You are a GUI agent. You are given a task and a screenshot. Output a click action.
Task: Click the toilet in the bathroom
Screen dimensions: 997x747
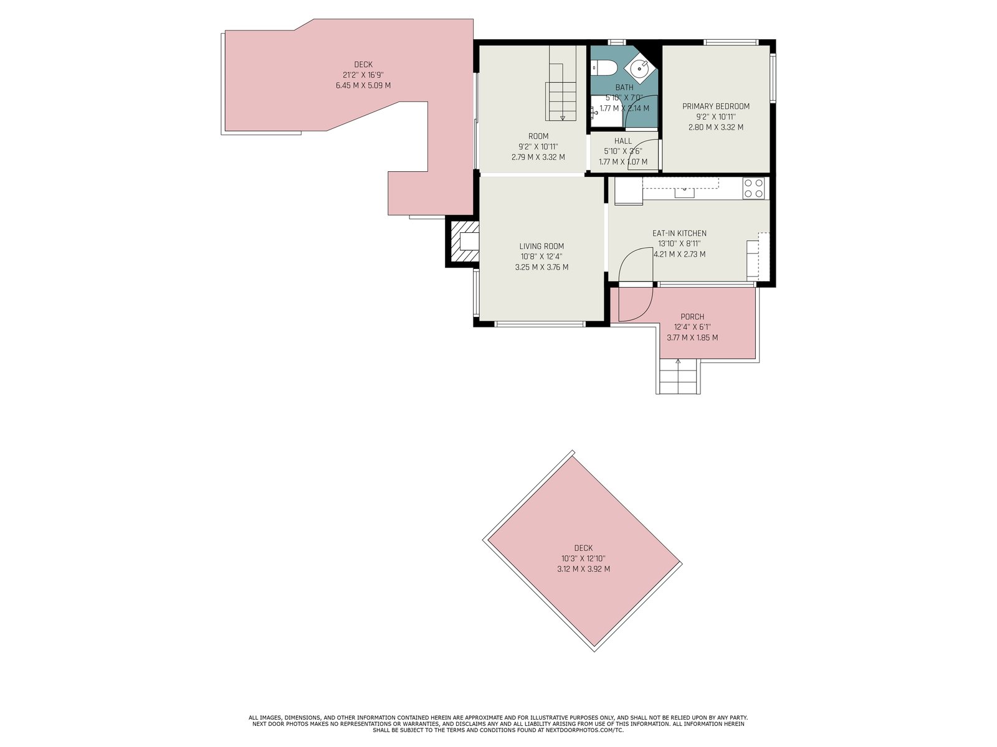[x=604, y=68]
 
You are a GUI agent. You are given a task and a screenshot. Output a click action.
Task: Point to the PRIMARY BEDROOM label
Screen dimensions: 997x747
[x=716, y=106]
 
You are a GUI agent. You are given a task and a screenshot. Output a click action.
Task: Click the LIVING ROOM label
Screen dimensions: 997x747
[x=541, y=247]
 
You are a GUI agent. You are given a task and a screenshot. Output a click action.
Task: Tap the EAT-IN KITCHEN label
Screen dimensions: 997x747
[x=679, y=233]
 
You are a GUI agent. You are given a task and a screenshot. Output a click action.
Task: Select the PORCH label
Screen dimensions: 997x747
[x=692, y=317]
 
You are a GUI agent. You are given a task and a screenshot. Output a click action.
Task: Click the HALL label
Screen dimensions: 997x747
[x=623, y=141]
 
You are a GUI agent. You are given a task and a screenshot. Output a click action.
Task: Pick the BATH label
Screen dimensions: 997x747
[x=624, y=88]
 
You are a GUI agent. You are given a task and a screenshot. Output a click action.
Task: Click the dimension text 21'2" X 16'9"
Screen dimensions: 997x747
[x=363, y=75]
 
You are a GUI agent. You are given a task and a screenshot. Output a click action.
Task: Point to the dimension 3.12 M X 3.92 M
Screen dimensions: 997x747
[x=583, y=569]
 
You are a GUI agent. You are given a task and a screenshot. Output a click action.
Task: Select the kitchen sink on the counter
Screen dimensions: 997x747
[x=684, y=192]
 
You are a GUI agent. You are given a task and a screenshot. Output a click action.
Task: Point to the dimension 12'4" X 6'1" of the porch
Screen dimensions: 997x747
[x=692, y=327]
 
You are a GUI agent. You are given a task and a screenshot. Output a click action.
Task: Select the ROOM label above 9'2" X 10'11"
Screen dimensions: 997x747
[x=538, y=136]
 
